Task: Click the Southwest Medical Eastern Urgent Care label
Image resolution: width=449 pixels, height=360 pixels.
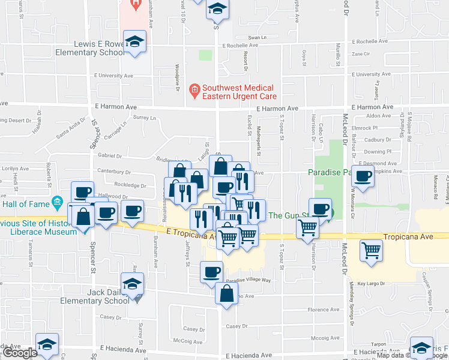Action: (x=239, y=91)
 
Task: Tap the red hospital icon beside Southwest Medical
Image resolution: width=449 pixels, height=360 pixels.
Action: (x=194, y=92)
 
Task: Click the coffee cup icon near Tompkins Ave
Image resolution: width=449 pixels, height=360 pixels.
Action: (x=363, y=176)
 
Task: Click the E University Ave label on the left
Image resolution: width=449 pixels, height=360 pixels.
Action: (x=113, y=76)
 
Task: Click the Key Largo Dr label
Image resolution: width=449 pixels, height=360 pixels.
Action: (x=370, y=283)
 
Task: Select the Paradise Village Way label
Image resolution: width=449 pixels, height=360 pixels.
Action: (x=249, y=280)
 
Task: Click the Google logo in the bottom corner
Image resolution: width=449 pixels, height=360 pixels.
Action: (x=19, y=353)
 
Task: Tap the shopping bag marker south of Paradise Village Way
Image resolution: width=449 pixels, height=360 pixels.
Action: (x=226, y=294)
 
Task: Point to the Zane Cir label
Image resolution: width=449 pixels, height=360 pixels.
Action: (x=361, y=54)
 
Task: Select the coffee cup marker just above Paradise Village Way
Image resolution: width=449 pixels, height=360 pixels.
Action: (x=211, y=272)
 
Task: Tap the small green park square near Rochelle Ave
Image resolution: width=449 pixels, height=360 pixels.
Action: (x=205, y=56)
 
